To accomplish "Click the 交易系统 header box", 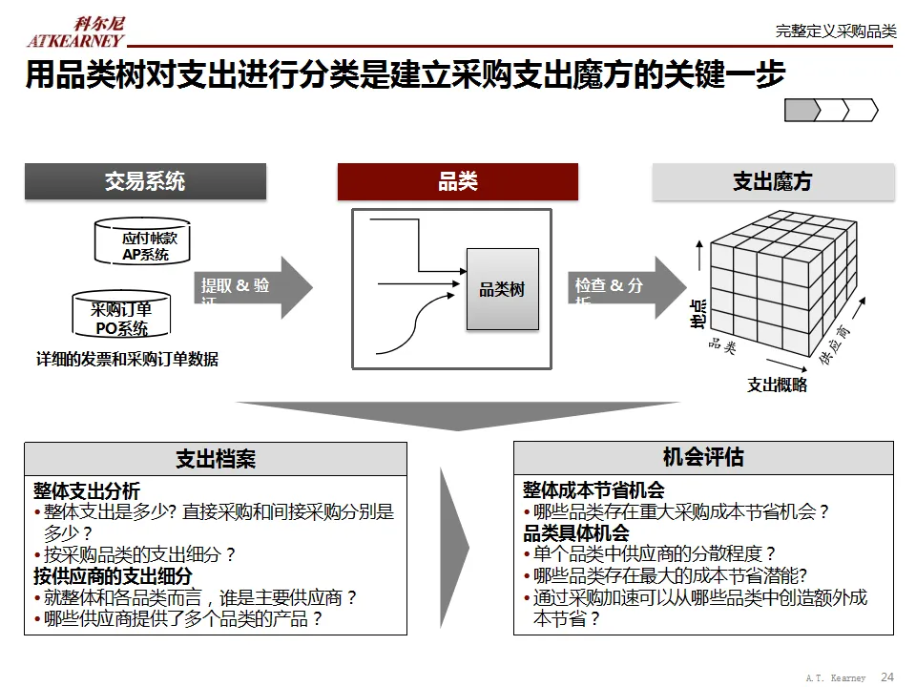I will [145, 181].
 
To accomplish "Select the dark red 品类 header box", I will [458, 181].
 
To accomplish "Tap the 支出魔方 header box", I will [773, 181].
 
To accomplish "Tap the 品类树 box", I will [502, 289].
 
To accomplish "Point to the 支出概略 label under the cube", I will [777, 385].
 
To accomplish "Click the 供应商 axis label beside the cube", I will [836, 344].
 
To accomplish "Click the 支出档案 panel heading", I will [216, 459].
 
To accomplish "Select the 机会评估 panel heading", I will [703, 457].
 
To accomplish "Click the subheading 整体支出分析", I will [87, 490].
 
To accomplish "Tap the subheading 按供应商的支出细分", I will [113, 576].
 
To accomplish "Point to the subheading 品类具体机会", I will [576, 532].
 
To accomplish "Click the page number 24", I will [887, 677].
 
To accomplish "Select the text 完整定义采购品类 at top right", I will [836, 31].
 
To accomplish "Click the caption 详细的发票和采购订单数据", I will [127, 360].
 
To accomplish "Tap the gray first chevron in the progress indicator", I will [801, 111].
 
